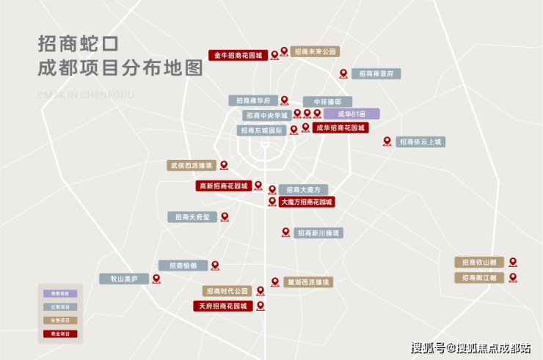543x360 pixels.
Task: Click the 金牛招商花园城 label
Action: click(x=238, y=55)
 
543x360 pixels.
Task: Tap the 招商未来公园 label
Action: click(x=315, y=52)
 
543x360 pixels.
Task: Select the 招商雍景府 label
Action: click(x=376, y=73)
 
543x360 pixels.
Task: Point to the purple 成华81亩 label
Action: click(x=351, y=114)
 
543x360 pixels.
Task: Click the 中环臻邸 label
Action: click(x=327, y=101)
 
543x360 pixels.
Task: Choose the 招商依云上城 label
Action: click(x=420, y=142)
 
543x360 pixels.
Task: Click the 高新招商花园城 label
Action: click(x=223, y=186)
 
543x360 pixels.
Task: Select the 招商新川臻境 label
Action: click(x=318, y=232)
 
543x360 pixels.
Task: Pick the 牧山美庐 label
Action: click(x=124, y=279)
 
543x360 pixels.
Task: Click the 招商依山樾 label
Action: click(x=478, y=262)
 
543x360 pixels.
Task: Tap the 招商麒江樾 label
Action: click(x=478, y=277)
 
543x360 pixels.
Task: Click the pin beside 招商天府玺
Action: click(x=225, y=216)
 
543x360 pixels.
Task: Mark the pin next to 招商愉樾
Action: click(x=215, y=265)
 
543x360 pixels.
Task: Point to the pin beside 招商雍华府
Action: click(x=284, y=100)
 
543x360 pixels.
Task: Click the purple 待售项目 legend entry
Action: click(x=60, y=293)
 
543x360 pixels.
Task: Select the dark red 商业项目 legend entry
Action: click(x=60, y=334)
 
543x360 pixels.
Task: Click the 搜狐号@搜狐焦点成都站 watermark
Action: click(x=471, y=348)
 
